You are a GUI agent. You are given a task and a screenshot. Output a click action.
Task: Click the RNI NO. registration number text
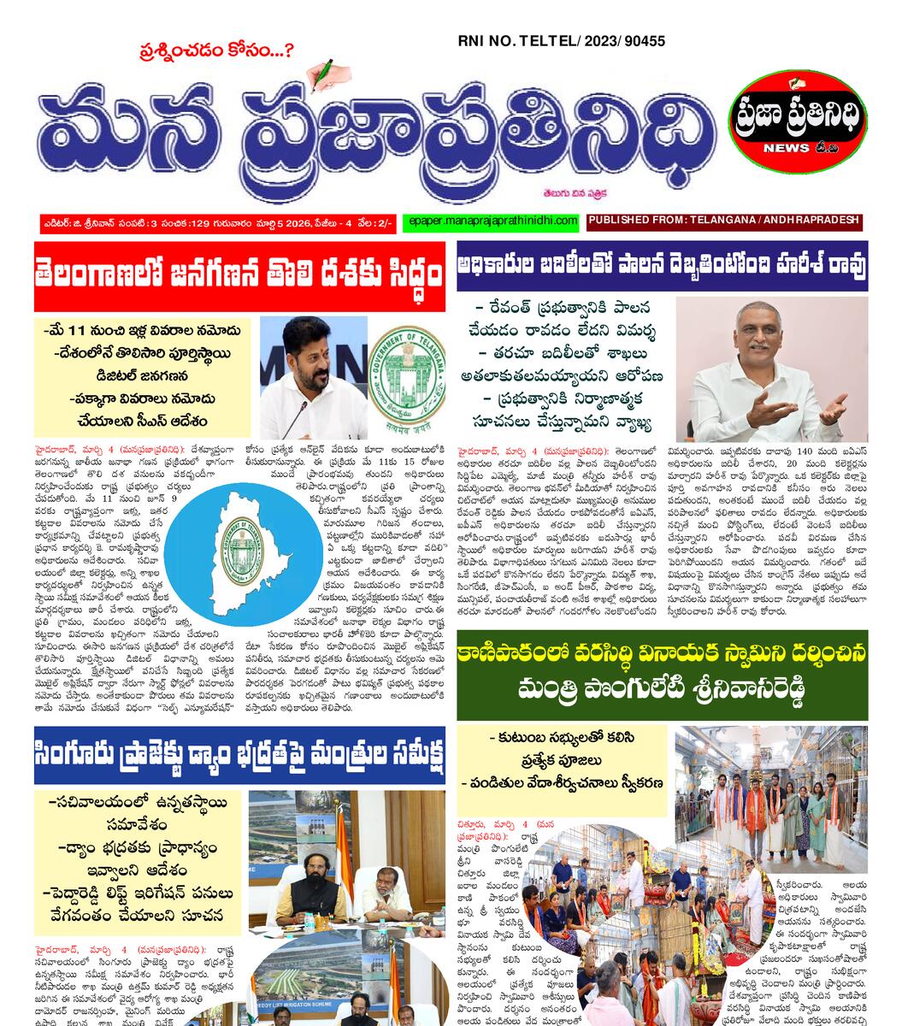[562, 41]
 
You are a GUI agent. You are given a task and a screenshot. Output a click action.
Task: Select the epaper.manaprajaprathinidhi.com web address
[489, 221]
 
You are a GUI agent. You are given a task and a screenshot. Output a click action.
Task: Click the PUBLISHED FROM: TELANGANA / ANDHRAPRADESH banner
[724, 221]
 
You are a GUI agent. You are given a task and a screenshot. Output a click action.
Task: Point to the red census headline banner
[239, 277]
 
